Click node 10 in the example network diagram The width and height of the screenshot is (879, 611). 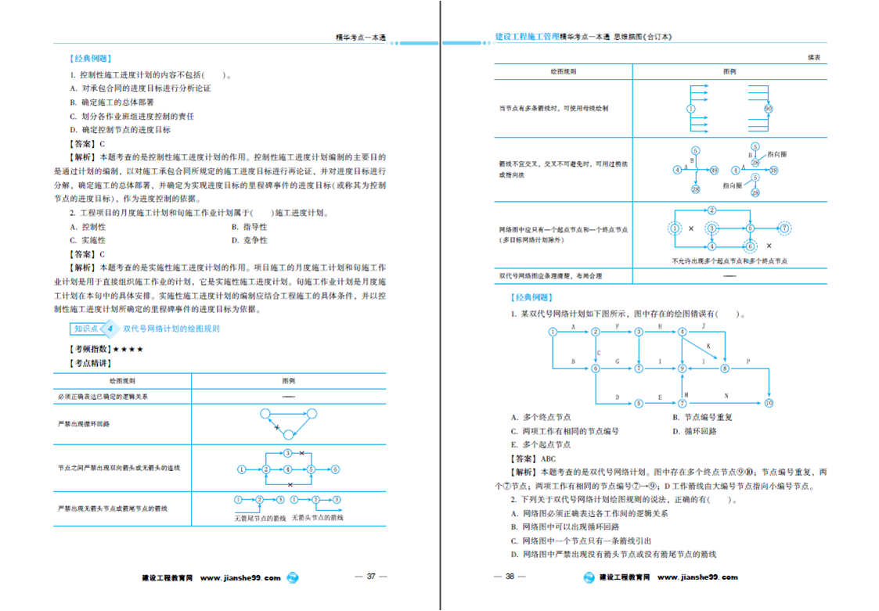(769, 404)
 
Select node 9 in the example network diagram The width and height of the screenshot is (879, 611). (683, 368)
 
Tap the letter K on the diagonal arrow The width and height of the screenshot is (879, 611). (708, 346)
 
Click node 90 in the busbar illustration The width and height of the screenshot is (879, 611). (768, 108)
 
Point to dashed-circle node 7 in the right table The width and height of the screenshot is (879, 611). (784, 228)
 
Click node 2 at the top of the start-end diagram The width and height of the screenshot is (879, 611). (711, 210)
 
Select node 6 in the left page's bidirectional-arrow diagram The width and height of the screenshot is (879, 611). (335, 469)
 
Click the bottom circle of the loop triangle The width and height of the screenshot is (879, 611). (288, 434)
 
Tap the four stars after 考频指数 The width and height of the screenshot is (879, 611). (128, 349)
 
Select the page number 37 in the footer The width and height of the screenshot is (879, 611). (372, 577)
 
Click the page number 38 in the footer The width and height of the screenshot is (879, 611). (510, 577)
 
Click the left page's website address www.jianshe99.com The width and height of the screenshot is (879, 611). (240, 578)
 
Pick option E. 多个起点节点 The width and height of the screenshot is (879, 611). (541, 444)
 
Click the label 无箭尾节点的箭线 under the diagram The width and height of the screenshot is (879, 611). (260, 517)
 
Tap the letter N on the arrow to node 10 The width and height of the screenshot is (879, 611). (726, 397)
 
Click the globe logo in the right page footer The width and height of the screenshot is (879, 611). (589, 578)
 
